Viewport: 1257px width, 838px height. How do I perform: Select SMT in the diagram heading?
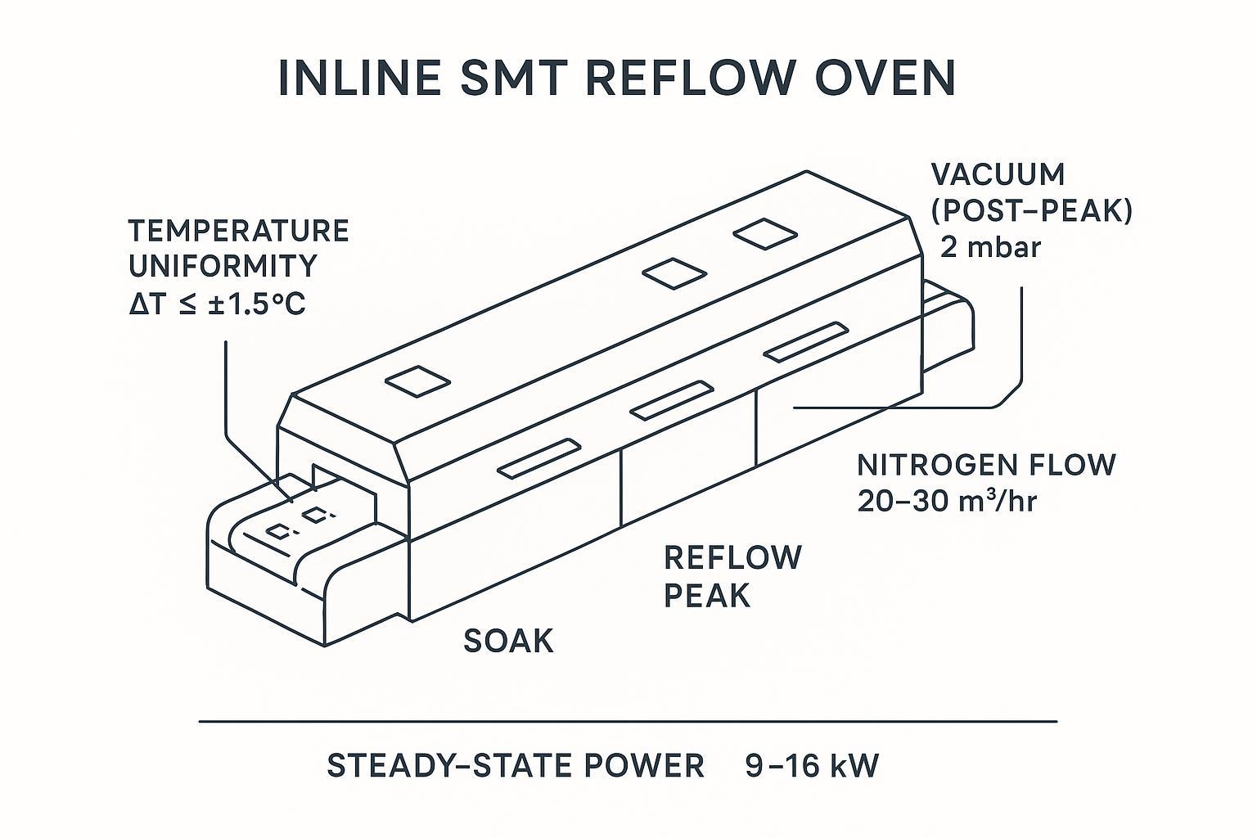tap(503, 79)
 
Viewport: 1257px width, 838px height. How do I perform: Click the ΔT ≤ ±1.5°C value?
tap(217, 304)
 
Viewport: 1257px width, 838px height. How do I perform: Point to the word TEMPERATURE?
tap(238, 231)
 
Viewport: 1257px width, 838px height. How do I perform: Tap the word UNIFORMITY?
tap(223, 267)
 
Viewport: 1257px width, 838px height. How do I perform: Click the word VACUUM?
tap(998, 174)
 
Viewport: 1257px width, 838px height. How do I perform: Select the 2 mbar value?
tap(990, 246)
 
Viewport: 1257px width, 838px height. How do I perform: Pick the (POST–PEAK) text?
tap(1032, 210)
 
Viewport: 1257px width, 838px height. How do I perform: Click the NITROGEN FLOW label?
tap(986, 465)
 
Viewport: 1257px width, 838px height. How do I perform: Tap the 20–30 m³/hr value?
tap(947, 501)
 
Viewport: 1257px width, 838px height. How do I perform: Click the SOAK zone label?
tap(508, 641)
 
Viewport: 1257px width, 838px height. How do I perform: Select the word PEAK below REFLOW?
tap(706, 596)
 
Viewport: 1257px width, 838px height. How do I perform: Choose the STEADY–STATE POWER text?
tap(516, 766)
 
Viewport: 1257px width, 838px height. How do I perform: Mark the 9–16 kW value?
tap(812, 766)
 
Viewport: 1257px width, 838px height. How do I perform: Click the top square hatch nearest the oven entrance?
tap(417, 381)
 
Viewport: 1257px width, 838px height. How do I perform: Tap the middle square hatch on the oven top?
tap(674, 273)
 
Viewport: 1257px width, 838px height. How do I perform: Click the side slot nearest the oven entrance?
tap(539, 459)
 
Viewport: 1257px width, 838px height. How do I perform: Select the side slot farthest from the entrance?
tap(805, 341)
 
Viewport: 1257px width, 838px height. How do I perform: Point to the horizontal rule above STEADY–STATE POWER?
tap(628, 722)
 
